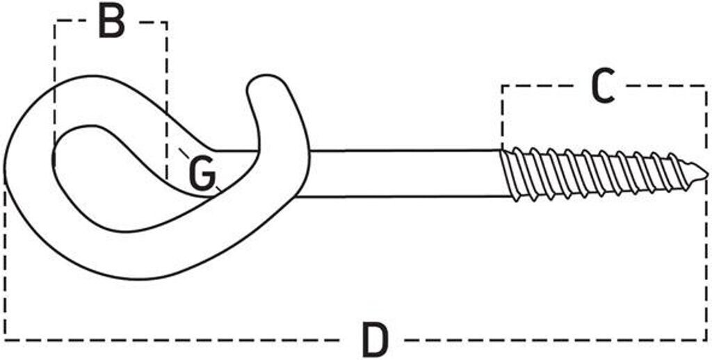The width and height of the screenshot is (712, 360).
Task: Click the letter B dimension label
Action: [111, 22]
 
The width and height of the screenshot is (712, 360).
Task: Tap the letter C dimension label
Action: [603, 86]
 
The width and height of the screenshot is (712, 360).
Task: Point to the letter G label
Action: [202, 174]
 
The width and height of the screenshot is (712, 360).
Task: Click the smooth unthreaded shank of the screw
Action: [403, 173]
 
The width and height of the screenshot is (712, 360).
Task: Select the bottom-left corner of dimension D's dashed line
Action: [6, 340]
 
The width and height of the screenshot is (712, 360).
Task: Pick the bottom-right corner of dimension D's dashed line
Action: [706, 340]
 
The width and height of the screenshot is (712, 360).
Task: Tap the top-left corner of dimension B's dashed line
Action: [54, 22]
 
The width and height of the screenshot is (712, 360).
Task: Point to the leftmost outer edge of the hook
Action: [5, 174]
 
